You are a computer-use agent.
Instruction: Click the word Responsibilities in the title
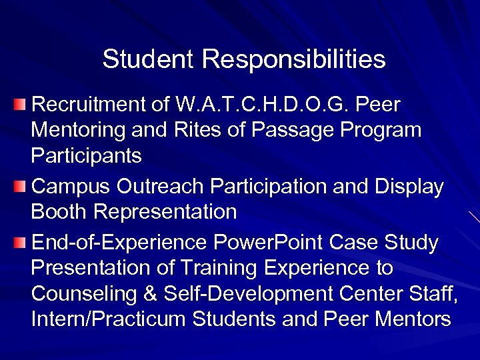pos(293,60)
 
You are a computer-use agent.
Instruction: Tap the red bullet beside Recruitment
pos(21,105)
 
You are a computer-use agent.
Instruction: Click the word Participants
pos(86,156)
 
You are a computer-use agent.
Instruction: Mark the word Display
pos(410,187)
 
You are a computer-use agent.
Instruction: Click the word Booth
pos(59,212)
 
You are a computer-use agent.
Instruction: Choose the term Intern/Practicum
pos(109,319)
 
